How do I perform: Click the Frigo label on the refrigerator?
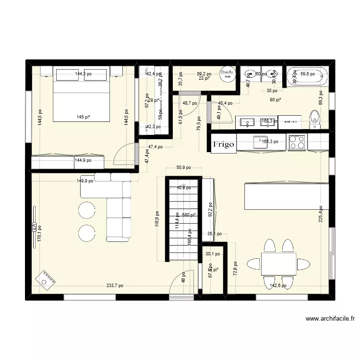click(224, 143)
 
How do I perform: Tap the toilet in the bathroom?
click(315, 119)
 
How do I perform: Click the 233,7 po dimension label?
click(115, 286)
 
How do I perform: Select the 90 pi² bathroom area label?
click(276, 100)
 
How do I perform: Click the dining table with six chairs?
click(278, 264)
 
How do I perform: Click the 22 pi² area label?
click(204, 79)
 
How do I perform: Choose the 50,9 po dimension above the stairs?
click(183, 168)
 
